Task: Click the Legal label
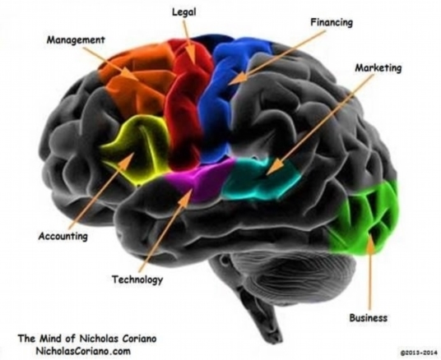tap(184, 12)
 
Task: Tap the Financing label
tap(332, 22)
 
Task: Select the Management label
tap(76, 40)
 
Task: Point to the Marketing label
tap(378, 67)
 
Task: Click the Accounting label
tap(63, 236)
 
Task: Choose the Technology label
tap(137, 279)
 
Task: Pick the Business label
tap(368, 318)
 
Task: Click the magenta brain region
tap(202, 180)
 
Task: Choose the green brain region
tap(365, 219)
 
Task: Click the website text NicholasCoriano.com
tap(83, 351)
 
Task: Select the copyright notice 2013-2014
tap(419, 353)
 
